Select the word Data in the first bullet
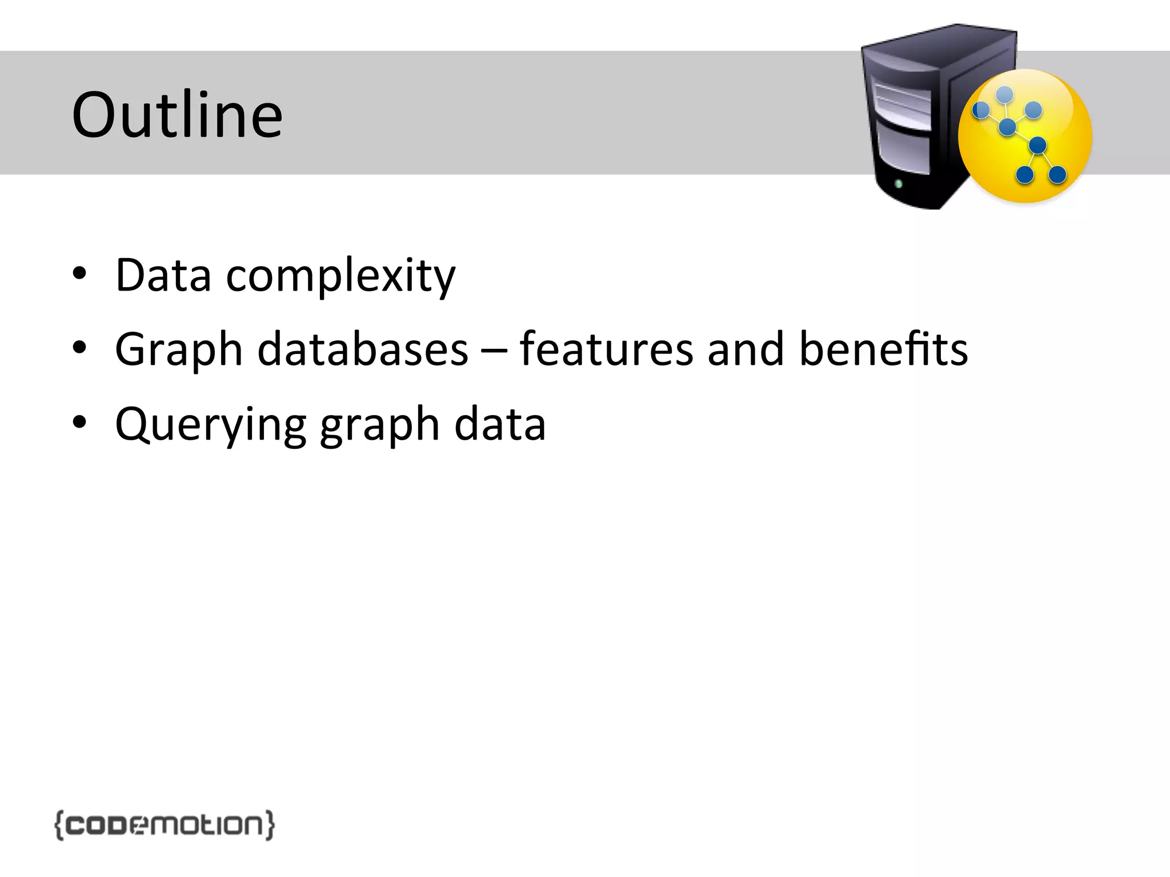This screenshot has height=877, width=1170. pyautogui.click(x=163, y=275)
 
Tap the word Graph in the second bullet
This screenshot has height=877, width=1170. pyautogui.click(x=179, y=349)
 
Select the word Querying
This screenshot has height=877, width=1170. pyautogui.click(x=211, y=425)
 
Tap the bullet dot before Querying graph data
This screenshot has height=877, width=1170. pyautogui.click(x=79, y=422)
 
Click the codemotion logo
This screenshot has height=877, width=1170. pyautogui.click(x=165, y=825)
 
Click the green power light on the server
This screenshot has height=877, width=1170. pyautogui.click(x=899, y=184)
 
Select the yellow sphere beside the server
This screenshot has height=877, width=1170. pyautogui.click(x=1025, y=136)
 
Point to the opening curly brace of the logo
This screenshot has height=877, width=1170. pyautogui.click(x=59, y=825)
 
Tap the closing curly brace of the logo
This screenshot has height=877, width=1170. pyautogui.click(x=270, y=825)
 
